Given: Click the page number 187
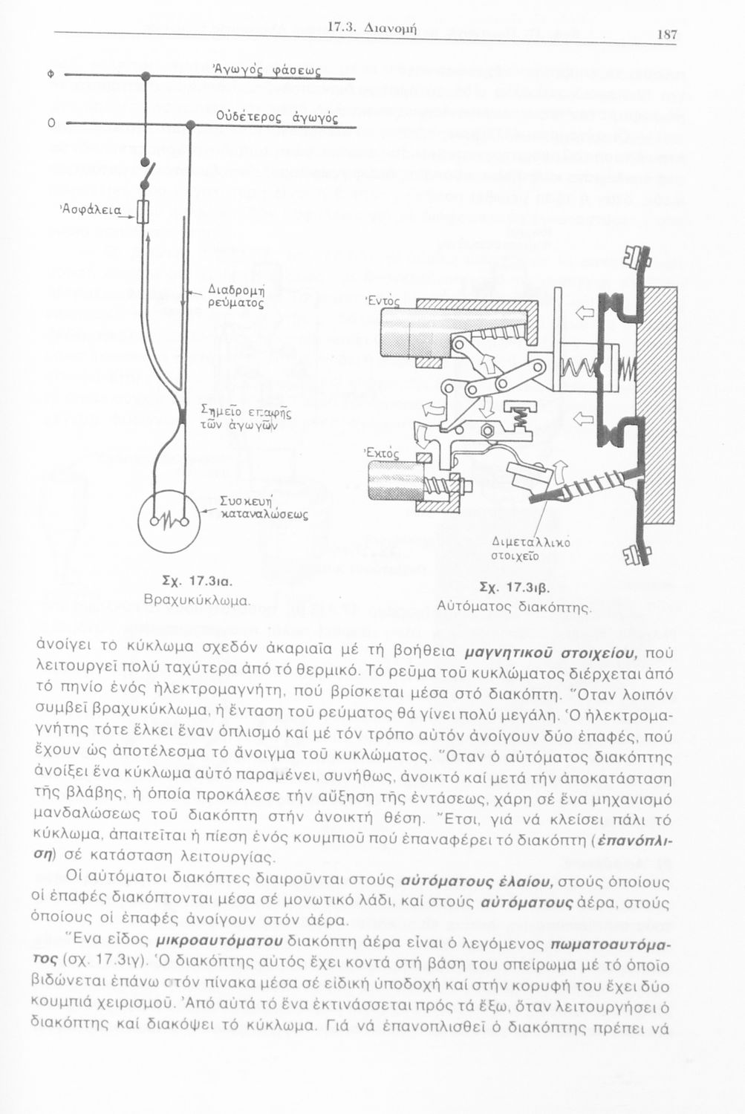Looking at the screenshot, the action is tap(666, 34).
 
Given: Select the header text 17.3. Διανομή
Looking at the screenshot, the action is tap(373, 28).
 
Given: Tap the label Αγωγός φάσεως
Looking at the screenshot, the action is tap(267, 71).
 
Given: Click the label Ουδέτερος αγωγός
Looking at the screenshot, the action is tap(278, 118).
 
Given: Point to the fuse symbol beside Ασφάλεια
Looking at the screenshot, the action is tap(143, 212).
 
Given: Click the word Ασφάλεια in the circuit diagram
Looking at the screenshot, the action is tap(91, 209).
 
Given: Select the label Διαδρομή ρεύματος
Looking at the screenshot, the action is tap(235, 296).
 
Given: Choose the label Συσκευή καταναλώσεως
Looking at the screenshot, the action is tap(263, 506).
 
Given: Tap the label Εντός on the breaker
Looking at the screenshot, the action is tap(383, 300).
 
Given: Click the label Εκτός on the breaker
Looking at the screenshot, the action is tap(382, 452).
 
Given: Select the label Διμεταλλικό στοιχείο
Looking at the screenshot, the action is tap(530, 548).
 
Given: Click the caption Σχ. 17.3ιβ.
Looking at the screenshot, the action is tap(515, 587).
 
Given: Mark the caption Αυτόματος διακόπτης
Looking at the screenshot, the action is tap(514, 607).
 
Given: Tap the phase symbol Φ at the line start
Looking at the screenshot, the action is tap(51, 75).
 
